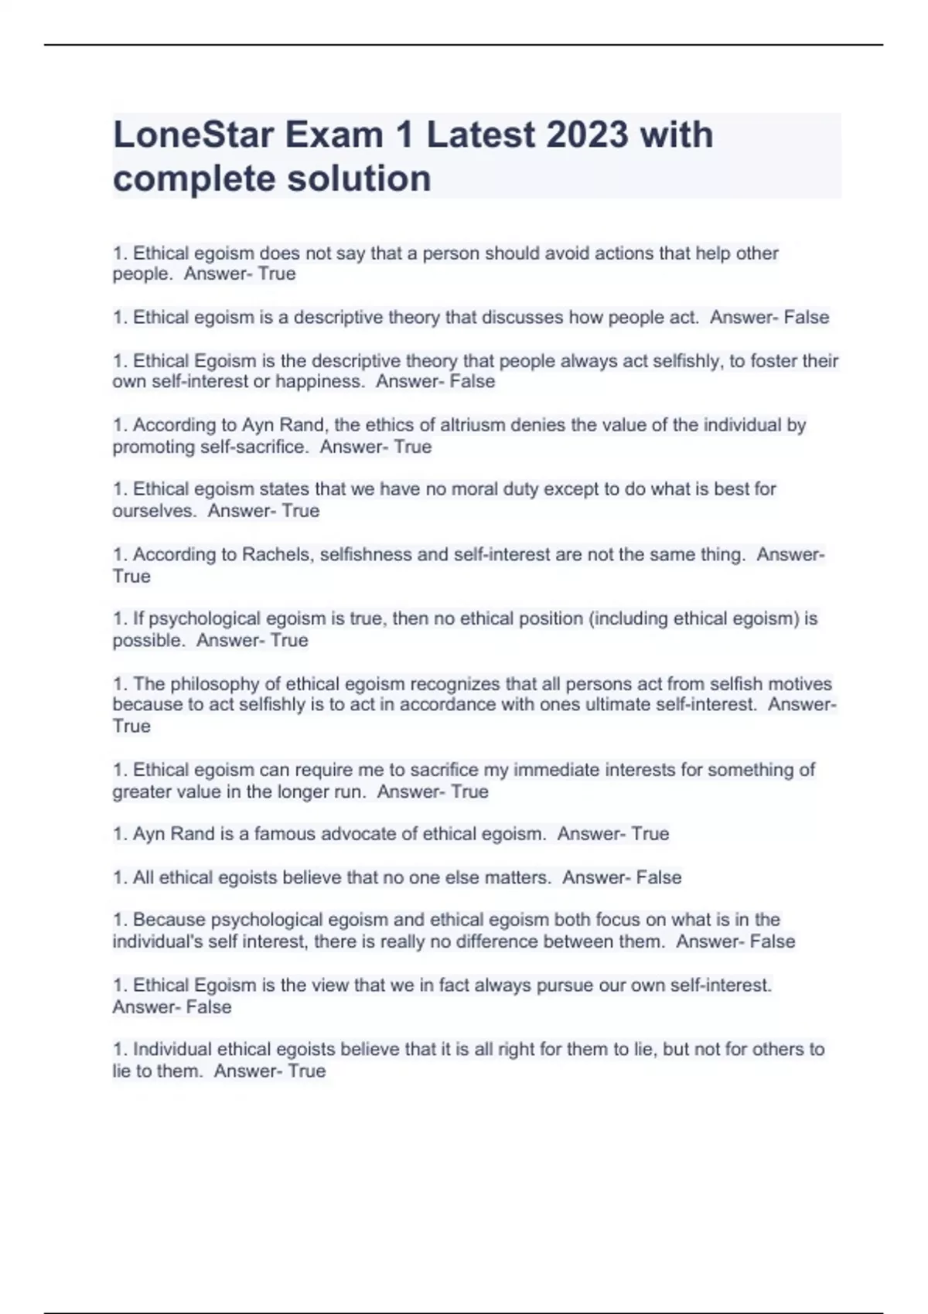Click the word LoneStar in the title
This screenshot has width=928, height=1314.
coord(193,135)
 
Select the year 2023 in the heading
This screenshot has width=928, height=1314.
coord(587,135)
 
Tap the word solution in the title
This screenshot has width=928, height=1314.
coord(359,179)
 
